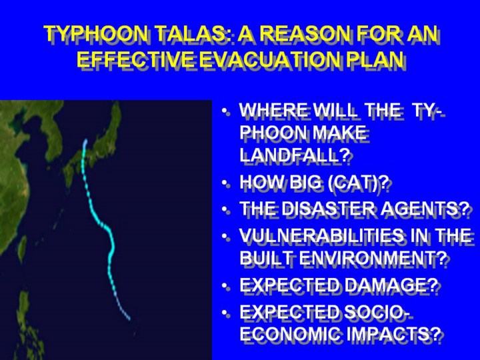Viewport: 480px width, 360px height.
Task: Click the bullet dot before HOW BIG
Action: [x=225, y=183]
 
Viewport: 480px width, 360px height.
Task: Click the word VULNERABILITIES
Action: [x=321, y=235]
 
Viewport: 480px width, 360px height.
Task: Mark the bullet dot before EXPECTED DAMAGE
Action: [x=225, y=286]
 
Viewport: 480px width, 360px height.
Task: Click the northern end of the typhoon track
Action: [x=86, y=141]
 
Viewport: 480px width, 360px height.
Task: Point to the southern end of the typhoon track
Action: [x=129, y=319]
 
